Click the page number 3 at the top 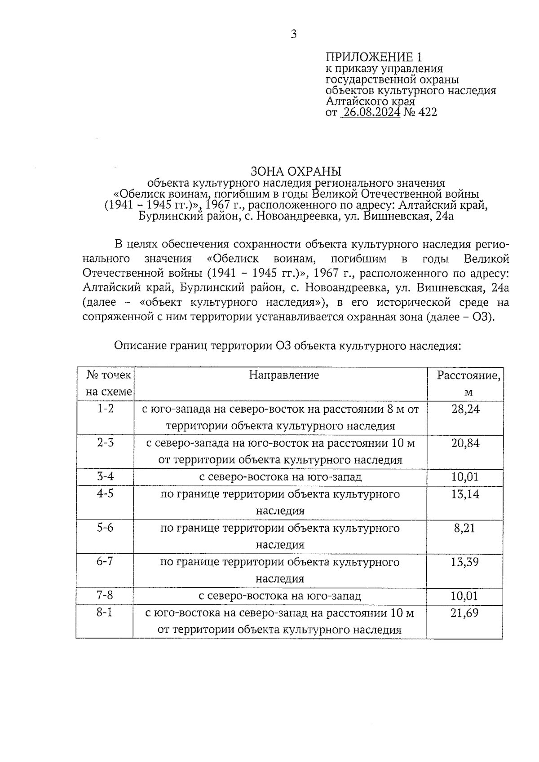[293, 35]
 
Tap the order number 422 [427, 112]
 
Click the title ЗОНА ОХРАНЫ [296, 172]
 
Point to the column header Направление [284, 375]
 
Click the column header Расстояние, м [468, 383]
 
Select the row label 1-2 [106, 409]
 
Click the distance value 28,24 [465, 409]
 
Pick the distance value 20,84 [465, 443]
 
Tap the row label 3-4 [106, 476]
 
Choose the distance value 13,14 [465, 494]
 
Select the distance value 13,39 [465, 562]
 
